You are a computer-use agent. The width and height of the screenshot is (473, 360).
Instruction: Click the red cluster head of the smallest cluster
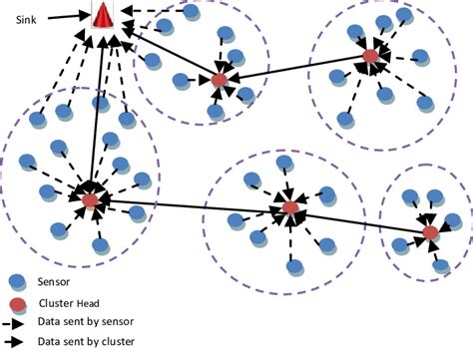point(430,232)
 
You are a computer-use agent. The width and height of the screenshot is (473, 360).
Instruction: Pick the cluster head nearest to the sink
point(220,79)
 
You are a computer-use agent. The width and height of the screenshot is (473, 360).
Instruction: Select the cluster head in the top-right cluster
point(369,57)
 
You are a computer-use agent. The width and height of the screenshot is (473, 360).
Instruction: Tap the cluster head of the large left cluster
point(90,200)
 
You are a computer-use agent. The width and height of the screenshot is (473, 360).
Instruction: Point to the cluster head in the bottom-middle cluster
point(289,208)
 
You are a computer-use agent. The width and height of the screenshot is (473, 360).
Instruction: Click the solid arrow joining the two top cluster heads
point(294,68)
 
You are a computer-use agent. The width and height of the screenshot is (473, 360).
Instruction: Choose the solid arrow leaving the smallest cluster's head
point(359,220)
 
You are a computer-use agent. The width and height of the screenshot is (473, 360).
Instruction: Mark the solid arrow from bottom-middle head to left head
point(190,204)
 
